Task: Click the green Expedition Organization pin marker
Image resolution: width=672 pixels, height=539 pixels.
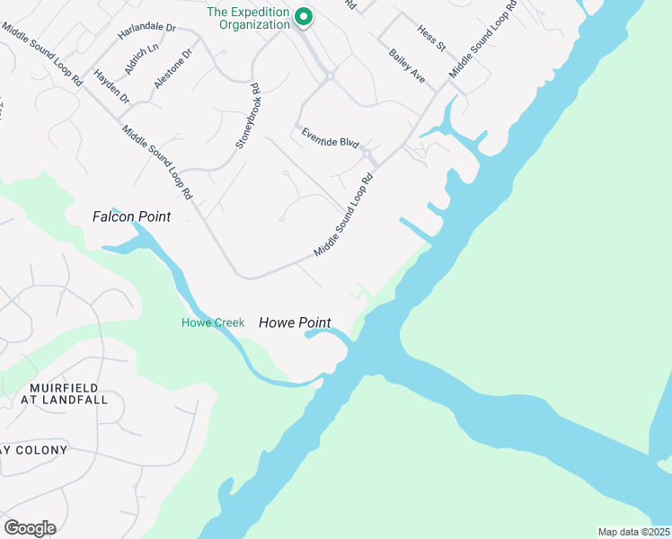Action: click(304, 16)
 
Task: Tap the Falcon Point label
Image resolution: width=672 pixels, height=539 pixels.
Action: click(131, 216)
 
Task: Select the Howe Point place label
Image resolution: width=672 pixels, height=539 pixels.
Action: click(295, 323)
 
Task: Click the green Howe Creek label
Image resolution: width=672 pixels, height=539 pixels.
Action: click(213, 323)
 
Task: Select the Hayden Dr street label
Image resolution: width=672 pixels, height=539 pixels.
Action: click(111, 85)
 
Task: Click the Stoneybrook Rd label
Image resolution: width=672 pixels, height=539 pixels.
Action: click(247, 116)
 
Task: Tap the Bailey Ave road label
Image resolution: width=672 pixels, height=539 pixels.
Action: click(407, 67)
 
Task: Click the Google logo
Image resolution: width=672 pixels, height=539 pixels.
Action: click(30, 528)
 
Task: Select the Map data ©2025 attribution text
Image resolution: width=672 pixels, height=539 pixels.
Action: click(633, 531)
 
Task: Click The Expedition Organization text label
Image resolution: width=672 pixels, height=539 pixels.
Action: click(249, 18)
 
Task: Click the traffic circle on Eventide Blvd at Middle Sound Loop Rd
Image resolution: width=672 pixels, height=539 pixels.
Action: click(367, 155)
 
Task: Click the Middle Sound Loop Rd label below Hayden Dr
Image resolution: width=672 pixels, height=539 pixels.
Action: click(157, 162)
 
